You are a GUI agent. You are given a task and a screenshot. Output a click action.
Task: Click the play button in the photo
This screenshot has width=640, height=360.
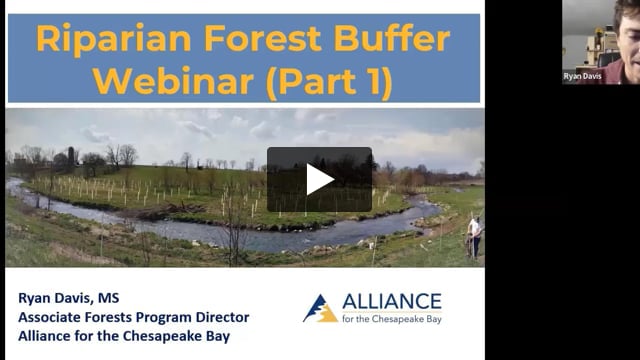(319, 179)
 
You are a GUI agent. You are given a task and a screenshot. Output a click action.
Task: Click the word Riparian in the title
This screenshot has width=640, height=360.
(114, 39)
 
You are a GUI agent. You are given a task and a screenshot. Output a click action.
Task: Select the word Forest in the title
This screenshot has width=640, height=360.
(262, 38)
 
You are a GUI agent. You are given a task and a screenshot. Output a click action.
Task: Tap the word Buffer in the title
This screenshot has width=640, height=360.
(391, 38)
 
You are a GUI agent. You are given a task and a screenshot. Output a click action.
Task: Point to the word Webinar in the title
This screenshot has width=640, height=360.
(173, 81)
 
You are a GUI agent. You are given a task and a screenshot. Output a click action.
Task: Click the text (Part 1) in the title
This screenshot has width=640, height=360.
(329, 83)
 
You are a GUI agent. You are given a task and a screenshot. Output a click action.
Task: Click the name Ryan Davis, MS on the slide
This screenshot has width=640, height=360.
(69, 298)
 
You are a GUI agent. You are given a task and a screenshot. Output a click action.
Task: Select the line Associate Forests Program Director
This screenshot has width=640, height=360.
(133, 318)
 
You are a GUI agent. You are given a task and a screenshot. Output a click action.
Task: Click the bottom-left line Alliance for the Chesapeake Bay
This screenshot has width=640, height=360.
(124, 336)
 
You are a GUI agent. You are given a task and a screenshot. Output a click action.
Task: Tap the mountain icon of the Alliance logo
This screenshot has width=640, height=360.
(320, 309)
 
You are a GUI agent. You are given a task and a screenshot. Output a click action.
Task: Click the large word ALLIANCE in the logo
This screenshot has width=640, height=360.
(392, 302)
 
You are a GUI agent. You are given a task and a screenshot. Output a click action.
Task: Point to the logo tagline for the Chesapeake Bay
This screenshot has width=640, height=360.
(392, 319)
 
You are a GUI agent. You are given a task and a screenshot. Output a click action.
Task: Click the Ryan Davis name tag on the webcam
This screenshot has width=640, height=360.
(582, 76)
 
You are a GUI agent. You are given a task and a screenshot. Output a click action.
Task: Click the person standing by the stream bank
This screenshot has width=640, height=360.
(474, 237)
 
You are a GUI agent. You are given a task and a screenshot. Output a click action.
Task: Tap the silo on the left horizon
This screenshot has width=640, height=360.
(71, 155)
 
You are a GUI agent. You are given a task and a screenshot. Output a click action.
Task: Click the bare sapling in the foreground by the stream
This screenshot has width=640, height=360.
(235, 229)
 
